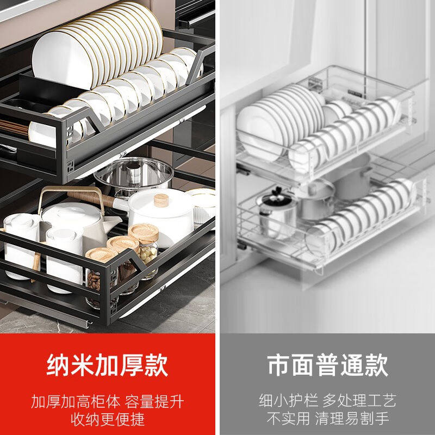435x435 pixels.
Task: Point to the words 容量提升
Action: (x=154, y=402)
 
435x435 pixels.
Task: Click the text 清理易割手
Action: (x=357, y=419)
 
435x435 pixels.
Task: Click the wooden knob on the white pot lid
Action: (x=161, y=200)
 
